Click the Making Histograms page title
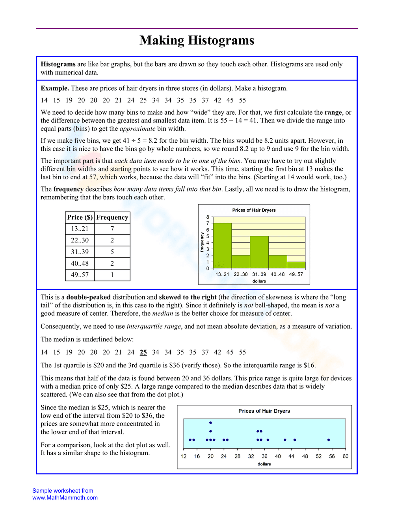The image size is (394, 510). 197,40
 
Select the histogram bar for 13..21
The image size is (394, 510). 222,246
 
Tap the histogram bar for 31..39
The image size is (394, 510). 259,252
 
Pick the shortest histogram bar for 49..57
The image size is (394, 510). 296,265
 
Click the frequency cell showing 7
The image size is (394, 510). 112,229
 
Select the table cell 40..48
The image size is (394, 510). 80,263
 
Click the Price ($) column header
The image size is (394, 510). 80,217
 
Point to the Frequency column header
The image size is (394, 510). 112,217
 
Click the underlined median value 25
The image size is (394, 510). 143,352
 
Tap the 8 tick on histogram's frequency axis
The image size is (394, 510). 208,217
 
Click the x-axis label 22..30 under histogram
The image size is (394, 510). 240,274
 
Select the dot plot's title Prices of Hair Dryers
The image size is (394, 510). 264,411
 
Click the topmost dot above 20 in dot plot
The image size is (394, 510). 210,423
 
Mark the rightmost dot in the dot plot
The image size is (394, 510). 329,440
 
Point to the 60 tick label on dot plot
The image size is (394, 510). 345,456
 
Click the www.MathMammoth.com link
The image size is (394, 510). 65,498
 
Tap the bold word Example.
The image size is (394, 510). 55,88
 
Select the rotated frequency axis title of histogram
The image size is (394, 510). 202,242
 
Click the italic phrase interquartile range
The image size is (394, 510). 154,326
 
